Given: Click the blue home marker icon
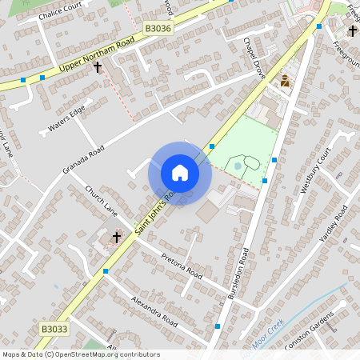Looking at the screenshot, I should click(180, 173).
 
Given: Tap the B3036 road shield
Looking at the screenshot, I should click(159, 28).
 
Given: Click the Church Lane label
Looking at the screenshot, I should click(102, 202).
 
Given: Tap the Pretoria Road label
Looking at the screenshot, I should click(182, 266).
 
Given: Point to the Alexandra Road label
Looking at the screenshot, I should click(154, 308).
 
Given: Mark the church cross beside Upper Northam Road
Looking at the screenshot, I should click(98, 68).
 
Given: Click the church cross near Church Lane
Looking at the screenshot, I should click(117, 237).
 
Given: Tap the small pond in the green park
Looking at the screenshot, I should click(238, 166).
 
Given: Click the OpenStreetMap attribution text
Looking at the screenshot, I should click(81, 354).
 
